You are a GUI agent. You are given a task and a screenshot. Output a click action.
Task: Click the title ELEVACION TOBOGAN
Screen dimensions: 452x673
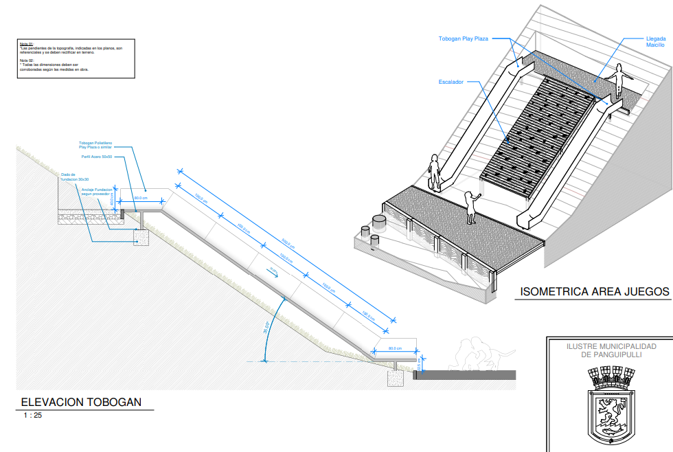click(81, 403)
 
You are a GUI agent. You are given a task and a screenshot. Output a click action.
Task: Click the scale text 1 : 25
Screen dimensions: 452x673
click(32, 416)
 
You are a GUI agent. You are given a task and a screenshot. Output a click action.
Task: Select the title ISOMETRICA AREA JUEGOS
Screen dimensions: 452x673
click(594, 292)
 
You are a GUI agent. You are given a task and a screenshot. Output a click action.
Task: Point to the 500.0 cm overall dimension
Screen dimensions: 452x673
click(289, 244)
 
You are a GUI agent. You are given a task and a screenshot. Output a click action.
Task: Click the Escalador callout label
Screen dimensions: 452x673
click(451, 82)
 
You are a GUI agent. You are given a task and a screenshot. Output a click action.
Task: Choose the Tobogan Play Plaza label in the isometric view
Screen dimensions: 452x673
click(464, 39)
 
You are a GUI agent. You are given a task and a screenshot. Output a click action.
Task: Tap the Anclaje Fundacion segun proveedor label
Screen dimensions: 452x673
click(97, 192)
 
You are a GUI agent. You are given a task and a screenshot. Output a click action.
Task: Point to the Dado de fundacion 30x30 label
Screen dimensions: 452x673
click(74, 177)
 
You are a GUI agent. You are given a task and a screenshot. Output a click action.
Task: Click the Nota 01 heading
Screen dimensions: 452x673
click(27, 44)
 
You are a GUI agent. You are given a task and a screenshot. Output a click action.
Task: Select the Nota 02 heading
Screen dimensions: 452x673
click(27, 60)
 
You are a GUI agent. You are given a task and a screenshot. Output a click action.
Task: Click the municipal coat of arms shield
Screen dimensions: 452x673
click(610, 409)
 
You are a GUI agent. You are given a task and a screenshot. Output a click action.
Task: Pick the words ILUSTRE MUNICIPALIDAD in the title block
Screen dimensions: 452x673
click(611, 347)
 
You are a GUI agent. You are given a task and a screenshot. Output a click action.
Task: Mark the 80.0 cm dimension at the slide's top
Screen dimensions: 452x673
click(141, 198)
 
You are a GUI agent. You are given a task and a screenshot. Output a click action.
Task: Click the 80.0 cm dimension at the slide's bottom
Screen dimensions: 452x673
click(394, 348)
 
